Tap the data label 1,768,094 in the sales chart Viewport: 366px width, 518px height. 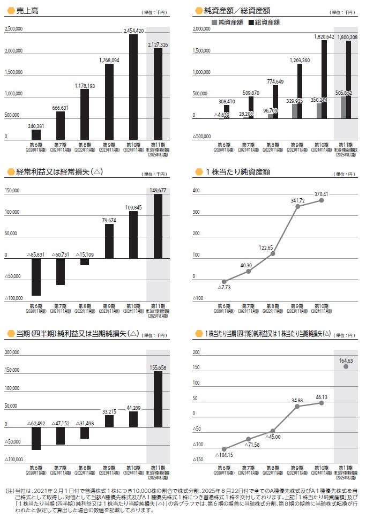pyautogui.click(x=109, y=60)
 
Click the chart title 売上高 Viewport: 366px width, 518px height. pyautogui.click(x=27, y=10)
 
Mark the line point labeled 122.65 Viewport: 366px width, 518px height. pyautogui.click(x=273, y=253)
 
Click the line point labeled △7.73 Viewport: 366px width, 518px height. pyautogui.click(x=224, y=281)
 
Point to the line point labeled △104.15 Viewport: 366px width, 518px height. pyautogui.click(x=224, y=449)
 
